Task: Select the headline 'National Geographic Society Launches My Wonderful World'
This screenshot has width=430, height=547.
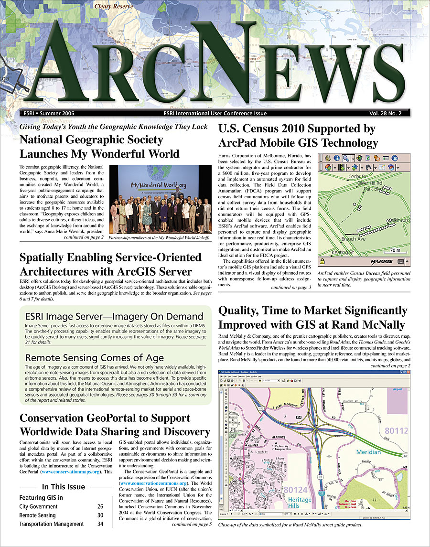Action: (99, 147)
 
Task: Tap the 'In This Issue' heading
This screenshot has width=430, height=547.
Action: (64, 487)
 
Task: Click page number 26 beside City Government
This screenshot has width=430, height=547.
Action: (100, 506)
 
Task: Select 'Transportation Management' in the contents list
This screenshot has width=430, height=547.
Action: (51, 524)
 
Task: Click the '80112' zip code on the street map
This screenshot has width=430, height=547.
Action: (396, 430)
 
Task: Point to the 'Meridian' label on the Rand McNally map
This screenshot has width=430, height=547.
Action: (368, 452)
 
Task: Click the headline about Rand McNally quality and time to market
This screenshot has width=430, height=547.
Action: (312, 318)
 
